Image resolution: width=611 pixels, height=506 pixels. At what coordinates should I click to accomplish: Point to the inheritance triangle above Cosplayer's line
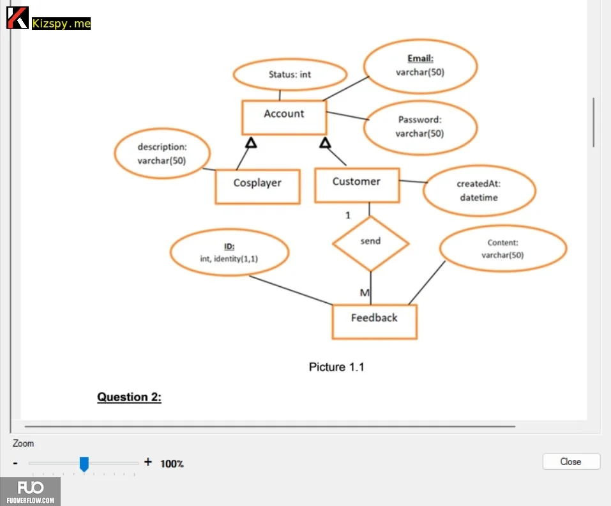[x=252, y=142]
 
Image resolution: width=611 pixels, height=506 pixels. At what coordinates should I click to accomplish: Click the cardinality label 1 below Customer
[x=348, y=215]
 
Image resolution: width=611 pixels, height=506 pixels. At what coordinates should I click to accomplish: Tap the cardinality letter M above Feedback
[x=365, y=293]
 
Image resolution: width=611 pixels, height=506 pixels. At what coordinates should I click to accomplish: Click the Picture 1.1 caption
[x=336, y=367]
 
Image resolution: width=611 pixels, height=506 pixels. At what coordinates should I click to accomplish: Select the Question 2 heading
[x=129, y=397]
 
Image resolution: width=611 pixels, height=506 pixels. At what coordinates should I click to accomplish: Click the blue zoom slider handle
[x=84, y=464]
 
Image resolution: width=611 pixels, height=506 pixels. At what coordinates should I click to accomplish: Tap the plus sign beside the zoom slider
[x=148, y=462]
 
